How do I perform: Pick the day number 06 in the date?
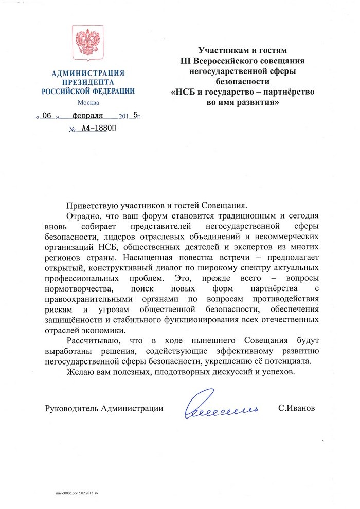pyautogui.click(x=48, y=116)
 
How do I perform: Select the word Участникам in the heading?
pyautogui.click(x=222, y=51)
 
